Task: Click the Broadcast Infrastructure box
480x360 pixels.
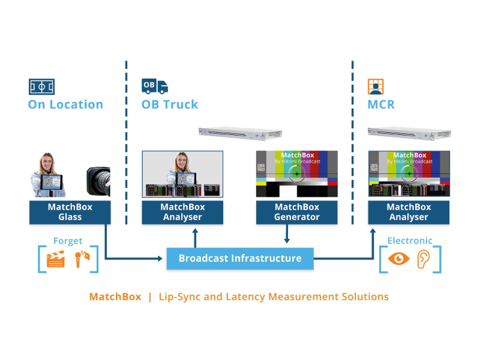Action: click(x=239, y=259)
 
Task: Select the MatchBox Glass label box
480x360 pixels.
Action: click(x=70, y=212)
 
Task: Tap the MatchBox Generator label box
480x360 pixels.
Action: click(x=297, y=212)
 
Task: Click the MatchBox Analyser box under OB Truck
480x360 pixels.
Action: click(x=182, y=212)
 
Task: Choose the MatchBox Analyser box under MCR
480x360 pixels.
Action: click(x=409, y=212)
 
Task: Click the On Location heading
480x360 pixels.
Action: click(x=65, y=104)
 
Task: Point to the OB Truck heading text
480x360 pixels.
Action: click(x=170, y=104)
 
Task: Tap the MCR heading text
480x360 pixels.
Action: click(x=381, y=104)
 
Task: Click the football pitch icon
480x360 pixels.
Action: click(x=41, y=87)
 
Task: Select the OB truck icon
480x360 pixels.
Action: click(x=154, y=86)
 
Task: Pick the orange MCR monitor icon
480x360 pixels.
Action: click(x=376, y=86)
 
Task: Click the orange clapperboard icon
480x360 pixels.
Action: click(x=55, y=259)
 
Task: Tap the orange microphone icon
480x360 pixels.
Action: click(x=82, y=259)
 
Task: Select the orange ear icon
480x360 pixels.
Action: click(x=424, y=259)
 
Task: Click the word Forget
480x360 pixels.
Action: click(x=68, y=241)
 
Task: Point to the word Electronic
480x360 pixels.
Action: click(x=410, y=241)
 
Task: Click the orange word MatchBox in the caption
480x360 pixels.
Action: click(x=115, y=297)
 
